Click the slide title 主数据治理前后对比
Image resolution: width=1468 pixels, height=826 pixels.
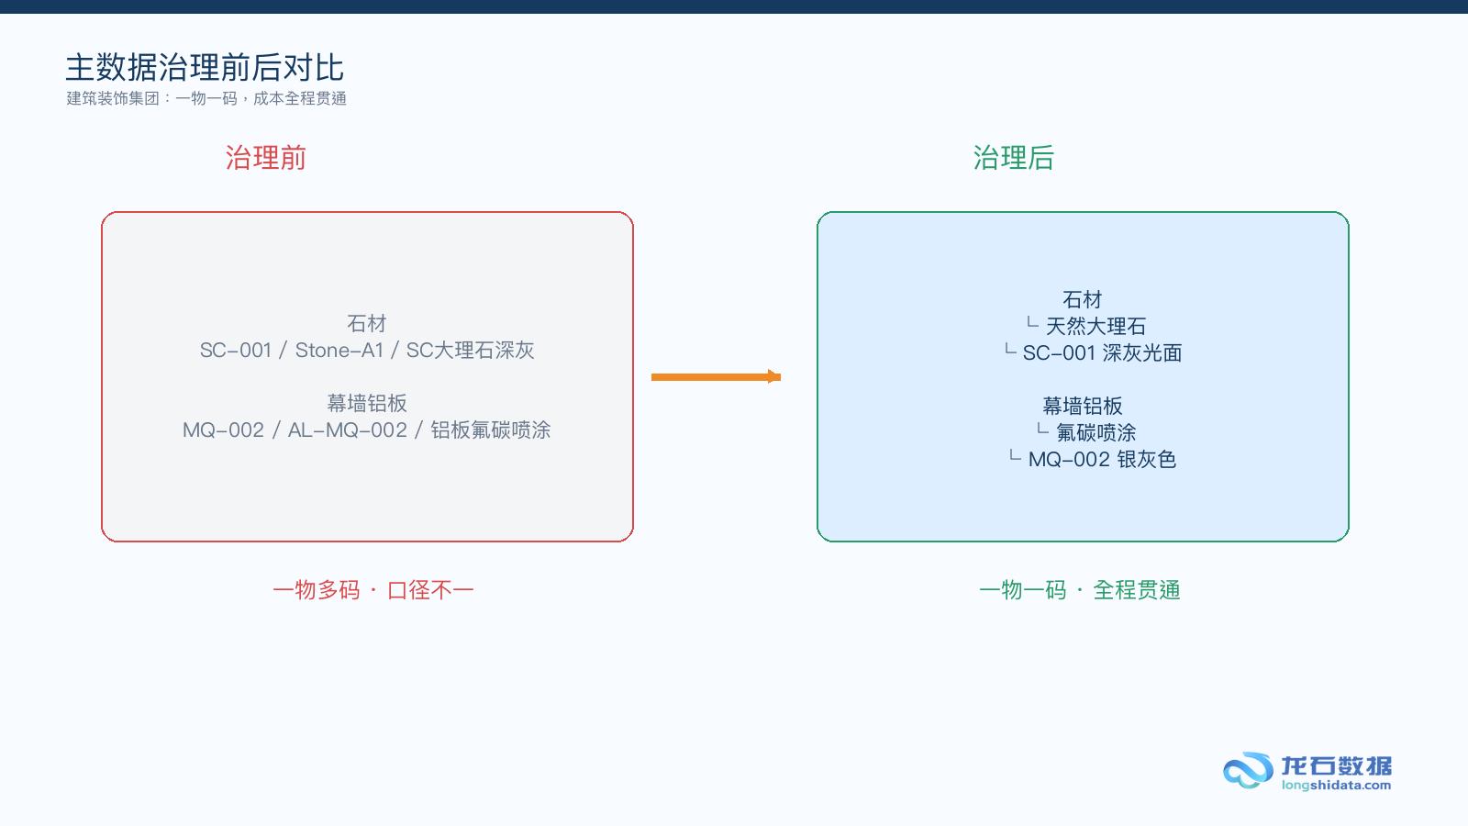pos(205,68)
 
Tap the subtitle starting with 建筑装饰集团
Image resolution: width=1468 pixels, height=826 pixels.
pos(206,98)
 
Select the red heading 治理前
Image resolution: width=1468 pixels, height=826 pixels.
pos(265,158)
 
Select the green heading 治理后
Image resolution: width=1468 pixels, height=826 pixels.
pos(1013,158)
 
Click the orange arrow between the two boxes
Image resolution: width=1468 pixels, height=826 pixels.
pos(716,377)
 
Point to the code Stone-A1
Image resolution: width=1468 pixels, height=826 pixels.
pos(339,351)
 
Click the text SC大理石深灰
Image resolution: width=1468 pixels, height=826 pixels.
pos(470,351)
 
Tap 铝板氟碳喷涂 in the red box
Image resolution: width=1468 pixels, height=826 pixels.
pos(490,430)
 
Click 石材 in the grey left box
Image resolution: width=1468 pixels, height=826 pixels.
pos(367,323)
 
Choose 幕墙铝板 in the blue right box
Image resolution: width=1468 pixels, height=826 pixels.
pos(1083,406)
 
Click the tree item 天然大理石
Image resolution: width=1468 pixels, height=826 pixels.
pos(1095,326)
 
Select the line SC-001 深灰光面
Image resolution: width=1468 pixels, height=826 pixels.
pos(1102,353)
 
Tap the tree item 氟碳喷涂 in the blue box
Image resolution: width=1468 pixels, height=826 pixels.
pos(1095,432)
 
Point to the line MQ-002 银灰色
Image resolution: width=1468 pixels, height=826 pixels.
pos(1102,460)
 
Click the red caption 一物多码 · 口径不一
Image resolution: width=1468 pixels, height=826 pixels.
pos(373,591)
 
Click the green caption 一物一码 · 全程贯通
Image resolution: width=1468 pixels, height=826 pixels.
pos(1079,591)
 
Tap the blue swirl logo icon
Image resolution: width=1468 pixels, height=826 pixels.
pos(1247,770)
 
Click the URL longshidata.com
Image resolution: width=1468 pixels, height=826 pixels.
pos(1336,786)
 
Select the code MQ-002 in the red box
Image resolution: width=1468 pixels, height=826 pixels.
pos(224,430)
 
